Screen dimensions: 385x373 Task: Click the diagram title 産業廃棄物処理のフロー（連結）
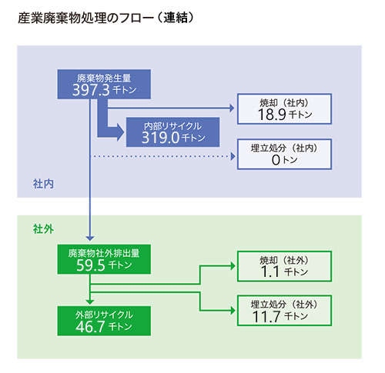click(x=105, y=18)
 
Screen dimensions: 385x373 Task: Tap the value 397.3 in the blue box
click(x=91, y=90)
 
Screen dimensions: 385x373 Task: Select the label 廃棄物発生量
click(x=104, y=78)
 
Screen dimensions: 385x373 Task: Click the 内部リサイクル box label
click(x=172, y=126)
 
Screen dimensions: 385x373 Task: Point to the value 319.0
click(x=160, y=138)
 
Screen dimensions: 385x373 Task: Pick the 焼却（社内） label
click(x=284, y=103)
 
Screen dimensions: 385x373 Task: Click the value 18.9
click(x=272, y=115)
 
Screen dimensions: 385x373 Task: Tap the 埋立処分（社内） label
click(x=284, y=148)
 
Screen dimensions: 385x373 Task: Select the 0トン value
click(x=284, y=160)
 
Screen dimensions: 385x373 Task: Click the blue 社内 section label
click(x=43, y=184)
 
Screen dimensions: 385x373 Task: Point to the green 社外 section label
click(x=43, y=229)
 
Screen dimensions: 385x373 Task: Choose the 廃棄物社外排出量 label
click(x=104, y=253)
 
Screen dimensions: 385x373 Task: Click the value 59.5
click(x=91, y=265)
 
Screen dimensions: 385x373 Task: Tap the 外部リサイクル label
click(x=104, y=315)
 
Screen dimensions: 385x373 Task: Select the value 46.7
click(x=90, y=327)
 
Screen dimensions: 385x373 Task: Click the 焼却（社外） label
click(x=284, y=261)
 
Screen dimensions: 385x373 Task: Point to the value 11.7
click(x=266, y=317)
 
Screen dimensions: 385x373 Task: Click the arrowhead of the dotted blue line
click(x=233, y=156)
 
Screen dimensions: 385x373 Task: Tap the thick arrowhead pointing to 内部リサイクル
click(x=120, y=132)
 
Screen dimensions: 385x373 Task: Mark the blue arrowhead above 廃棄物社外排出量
click(x=90, y=238)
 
